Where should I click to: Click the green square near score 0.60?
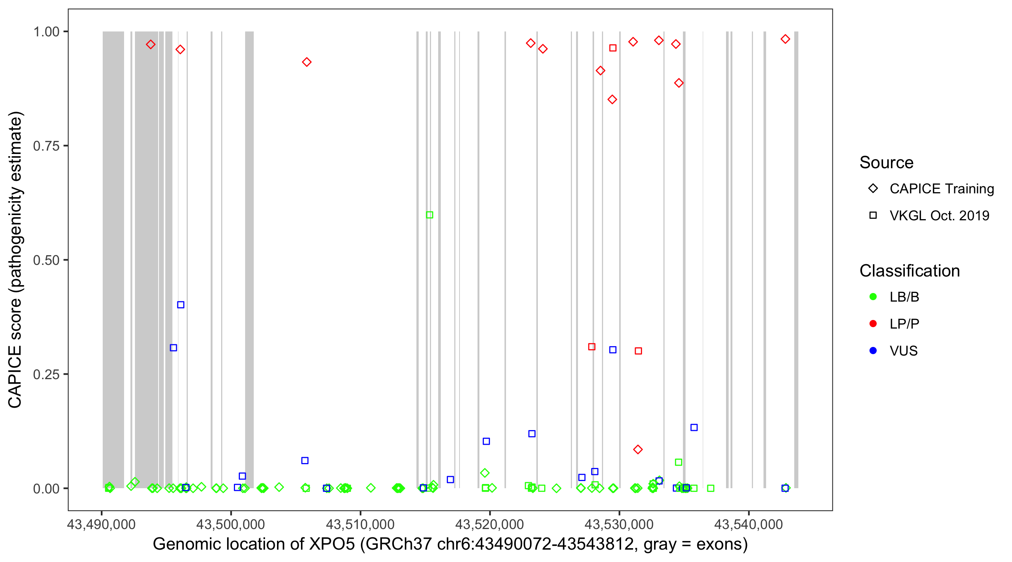[x=430, y=215]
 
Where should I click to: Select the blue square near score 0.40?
[x=181, y=305]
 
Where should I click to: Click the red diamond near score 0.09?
[x=638, y=449]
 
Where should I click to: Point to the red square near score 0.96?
[x=613, y=48]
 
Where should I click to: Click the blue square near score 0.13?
[x=694, y=427]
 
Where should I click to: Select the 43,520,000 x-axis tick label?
[x=490, y=524]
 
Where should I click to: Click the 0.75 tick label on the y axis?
[x=46, y=146]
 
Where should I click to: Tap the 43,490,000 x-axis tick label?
[x=101, y=524]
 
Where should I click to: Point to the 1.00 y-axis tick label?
[x=46, y=32]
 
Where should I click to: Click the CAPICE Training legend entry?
[x=941, y=189]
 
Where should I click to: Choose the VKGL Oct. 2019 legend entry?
[x=939, y=215]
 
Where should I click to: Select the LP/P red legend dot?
[x=873, y=324]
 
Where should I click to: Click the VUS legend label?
[x=904, y=351]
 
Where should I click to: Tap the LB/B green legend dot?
[x=873, y=297]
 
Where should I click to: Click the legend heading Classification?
[x=909, y=271]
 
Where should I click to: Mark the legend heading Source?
[x=886, y=163]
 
